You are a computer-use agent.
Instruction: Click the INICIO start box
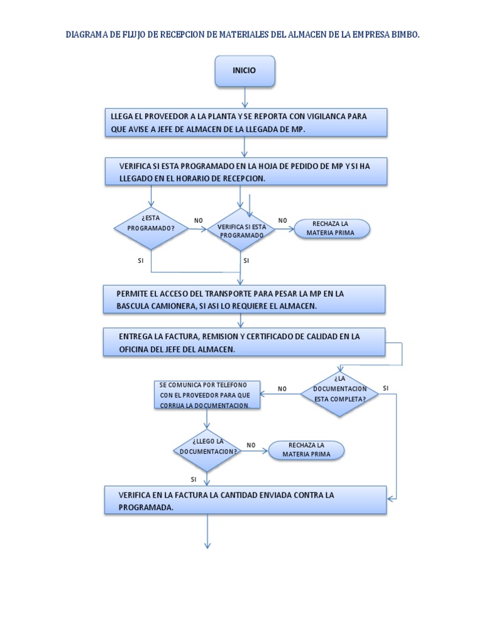[244, 71]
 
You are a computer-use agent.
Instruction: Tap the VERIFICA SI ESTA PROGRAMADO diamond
[241, 230]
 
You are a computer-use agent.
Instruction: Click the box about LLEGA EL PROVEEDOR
[245, 122]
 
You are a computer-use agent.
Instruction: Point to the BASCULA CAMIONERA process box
[244, 299]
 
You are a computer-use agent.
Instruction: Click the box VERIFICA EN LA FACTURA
[245, 500]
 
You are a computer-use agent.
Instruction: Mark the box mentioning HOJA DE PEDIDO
[245, 172]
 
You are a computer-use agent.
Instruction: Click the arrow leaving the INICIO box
[244, 97]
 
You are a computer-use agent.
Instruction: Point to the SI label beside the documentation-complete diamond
[386, 388]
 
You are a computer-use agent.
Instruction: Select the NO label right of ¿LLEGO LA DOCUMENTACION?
[251, 445]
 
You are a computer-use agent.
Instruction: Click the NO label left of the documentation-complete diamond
[282, 389]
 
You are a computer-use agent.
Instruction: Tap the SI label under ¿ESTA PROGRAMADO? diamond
[141, 260]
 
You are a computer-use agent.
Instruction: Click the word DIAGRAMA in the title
[86, 36]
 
